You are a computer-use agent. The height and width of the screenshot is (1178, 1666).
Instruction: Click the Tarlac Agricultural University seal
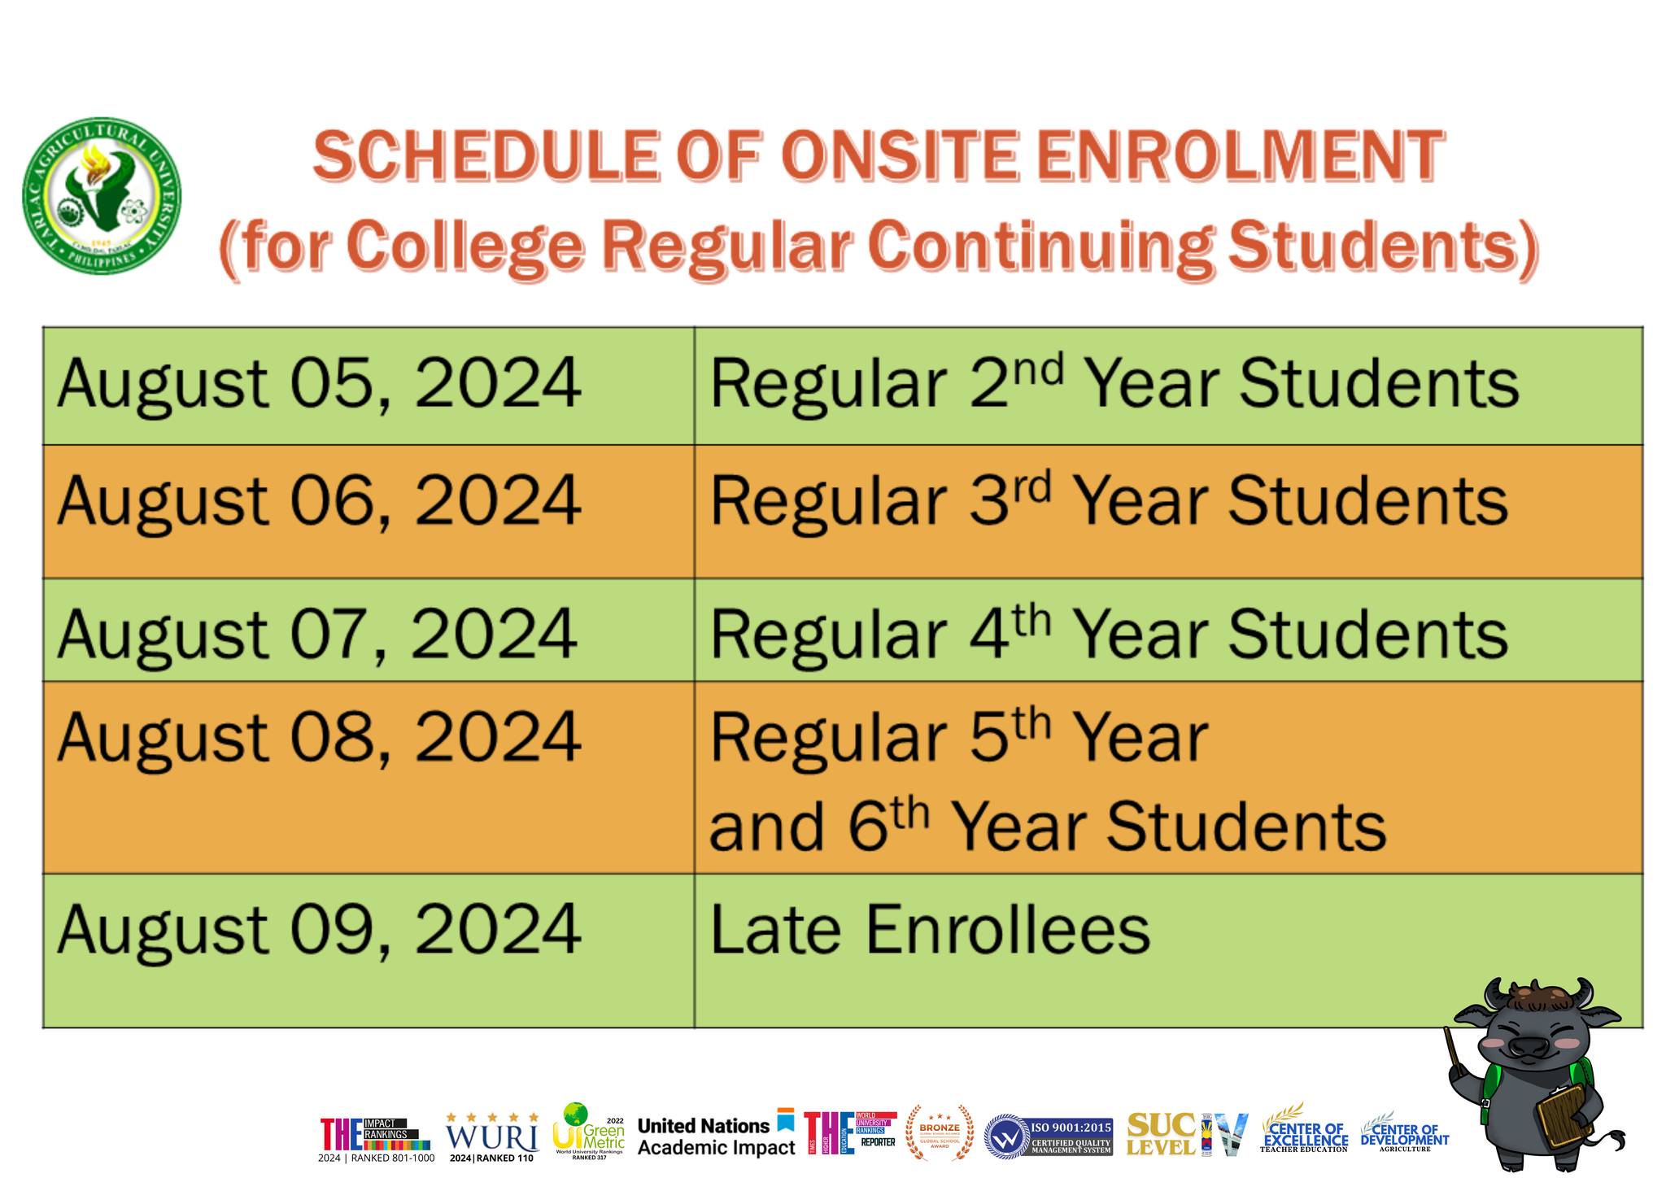(x=102, y=195)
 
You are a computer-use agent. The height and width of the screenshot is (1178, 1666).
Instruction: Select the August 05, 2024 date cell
(x=319, y=384)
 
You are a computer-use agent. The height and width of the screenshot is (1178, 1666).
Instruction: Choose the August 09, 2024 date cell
(x=319, y=930)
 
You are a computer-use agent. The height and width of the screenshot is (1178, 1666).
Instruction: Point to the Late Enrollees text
(x=930, y=930)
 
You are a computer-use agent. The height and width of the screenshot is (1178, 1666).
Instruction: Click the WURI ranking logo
(x=492, y=1136)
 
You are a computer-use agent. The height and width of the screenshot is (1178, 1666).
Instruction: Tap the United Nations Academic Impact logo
(x=716, y=1136)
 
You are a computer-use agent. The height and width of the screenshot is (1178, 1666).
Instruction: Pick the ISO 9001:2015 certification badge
(x=1049, y=1136)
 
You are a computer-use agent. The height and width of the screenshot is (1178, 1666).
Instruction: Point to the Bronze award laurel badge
(x=940, y=1132)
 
